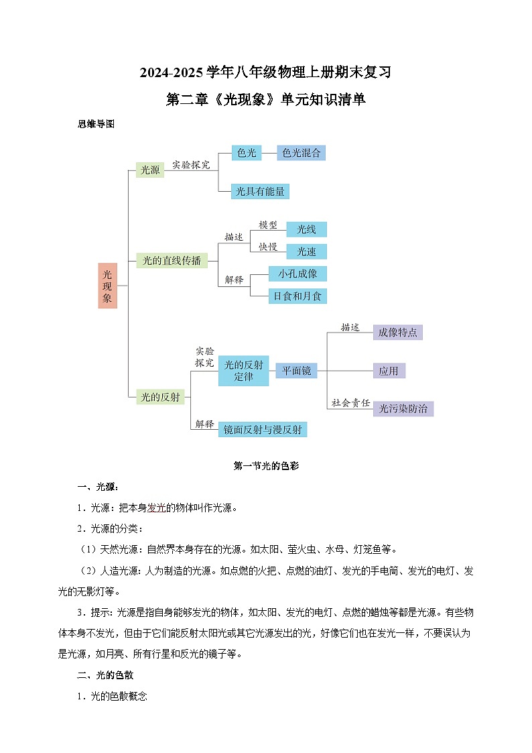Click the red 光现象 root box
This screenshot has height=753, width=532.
107,286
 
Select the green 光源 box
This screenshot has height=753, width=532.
149,170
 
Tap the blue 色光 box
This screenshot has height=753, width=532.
247,153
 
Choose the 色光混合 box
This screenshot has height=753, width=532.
301,153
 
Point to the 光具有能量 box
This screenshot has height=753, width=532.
259,191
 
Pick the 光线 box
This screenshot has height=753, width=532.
306,229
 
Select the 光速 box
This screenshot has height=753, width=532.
306,251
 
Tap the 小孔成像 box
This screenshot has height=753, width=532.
297,274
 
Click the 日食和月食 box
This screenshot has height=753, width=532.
297,295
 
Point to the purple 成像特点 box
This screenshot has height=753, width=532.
397,332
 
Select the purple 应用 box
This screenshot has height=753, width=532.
389,371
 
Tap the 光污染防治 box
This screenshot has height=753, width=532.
403,408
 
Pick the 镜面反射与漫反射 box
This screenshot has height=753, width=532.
263,429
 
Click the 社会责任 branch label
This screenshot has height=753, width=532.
350,403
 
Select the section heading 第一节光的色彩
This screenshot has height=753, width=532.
266,466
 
